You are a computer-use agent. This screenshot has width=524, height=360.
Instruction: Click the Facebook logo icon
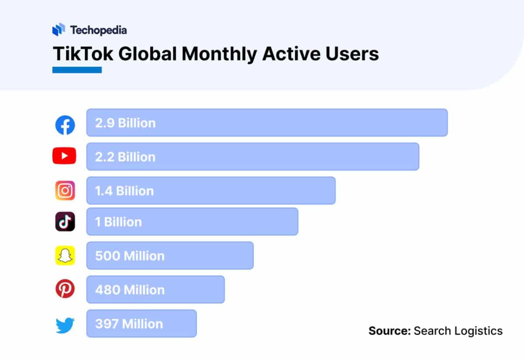(x=65, y=125)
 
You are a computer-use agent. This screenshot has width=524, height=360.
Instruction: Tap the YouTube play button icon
(x=64, y=156)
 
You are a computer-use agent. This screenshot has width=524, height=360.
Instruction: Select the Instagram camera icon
(x=65, y=190)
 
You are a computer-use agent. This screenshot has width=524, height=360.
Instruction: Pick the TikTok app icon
(x=65, y=222)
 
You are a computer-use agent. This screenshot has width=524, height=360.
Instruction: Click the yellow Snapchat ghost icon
(x=65, y=256)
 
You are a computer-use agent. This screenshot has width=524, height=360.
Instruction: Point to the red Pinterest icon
(x=65, y=289)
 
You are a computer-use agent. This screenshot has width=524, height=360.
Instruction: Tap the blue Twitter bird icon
(x=65, y=325)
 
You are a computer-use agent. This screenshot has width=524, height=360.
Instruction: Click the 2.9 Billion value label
(x=125, y=123)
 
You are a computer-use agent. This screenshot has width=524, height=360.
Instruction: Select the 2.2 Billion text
(x=125, y=157)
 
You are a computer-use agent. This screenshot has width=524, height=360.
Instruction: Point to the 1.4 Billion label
(x=124, y=191)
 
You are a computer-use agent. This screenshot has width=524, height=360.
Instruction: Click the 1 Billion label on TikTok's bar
(x=118, y=222)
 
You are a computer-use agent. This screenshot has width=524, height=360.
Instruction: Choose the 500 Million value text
(x=130, y=256)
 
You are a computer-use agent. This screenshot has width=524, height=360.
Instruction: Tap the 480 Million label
(x=130, y=290)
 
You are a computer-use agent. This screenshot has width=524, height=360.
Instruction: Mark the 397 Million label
(x=129, y=324)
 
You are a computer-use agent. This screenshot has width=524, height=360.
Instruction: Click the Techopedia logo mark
(x=59, y=30)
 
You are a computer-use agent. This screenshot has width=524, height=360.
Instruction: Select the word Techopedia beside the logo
(x=98, y=30)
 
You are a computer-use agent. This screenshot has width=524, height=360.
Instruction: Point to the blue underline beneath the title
(x=77, y=70)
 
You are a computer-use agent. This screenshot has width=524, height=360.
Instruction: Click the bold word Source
(x=390, y=331)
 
